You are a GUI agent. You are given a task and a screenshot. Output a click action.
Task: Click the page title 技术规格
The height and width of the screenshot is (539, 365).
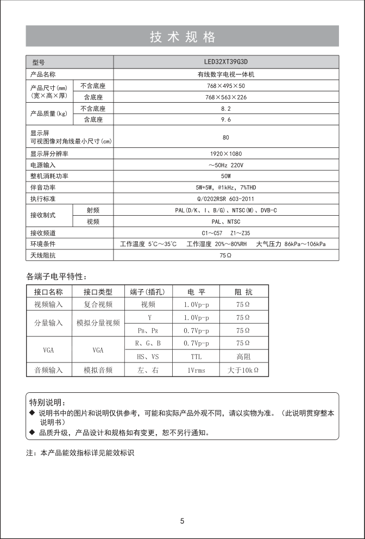182,37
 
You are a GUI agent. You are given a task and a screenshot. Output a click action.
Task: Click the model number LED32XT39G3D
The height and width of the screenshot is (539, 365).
226,62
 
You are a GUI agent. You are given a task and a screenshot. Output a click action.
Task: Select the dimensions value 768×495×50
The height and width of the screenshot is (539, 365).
226,86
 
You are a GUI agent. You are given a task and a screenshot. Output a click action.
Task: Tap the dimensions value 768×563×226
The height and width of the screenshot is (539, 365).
226,97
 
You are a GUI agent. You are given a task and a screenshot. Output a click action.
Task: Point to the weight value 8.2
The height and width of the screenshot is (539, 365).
226,109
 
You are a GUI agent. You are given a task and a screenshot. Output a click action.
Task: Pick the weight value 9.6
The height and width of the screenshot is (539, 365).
226,120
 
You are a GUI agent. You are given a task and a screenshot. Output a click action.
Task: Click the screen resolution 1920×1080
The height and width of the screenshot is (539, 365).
226,154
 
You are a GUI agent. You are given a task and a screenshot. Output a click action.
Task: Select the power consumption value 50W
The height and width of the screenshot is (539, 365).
226,176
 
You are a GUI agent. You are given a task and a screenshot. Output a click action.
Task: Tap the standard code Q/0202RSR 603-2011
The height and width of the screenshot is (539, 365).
226,199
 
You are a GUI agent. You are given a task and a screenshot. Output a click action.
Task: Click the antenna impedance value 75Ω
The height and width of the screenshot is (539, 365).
226,255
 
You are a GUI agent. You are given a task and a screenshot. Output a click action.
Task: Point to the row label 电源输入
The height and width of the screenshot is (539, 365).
43,165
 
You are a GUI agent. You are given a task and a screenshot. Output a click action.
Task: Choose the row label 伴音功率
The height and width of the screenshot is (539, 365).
43,187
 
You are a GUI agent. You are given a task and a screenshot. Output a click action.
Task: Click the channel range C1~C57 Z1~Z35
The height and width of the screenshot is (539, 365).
226,233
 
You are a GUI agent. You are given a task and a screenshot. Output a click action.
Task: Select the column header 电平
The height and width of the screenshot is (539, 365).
196,292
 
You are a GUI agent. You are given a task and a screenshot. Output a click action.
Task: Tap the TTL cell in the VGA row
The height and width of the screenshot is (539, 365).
196,357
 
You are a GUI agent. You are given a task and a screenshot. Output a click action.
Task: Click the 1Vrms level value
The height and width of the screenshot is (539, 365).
196,370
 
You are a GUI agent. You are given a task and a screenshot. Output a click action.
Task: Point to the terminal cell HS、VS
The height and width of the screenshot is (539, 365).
148,357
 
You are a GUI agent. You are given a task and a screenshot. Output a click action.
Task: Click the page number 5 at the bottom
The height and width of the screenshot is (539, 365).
182,521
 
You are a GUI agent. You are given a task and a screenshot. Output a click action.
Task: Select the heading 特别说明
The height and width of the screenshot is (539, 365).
47,402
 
